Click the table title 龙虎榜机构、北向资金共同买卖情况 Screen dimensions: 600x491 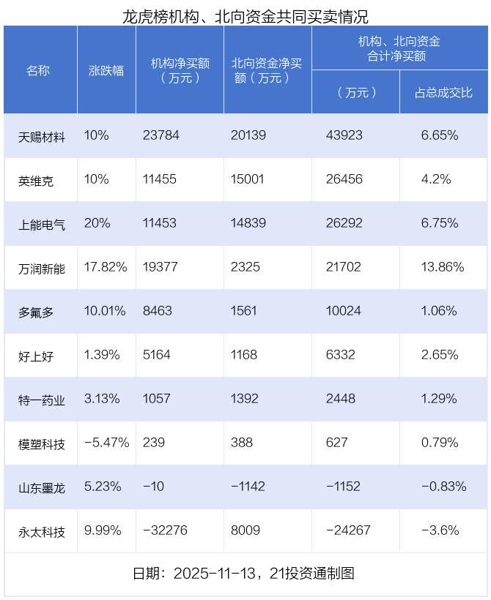[245, 14]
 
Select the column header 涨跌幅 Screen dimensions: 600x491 [106, 70]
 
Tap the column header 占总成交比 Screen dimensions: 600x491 [443, 92]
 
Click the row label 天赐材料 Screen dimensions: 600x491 [42, 136]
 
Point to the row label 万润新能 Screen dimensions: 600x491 [42, 268]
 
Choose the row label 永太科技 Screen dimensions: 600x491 [42, 531]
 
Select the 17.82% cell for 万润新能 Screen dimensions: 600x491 [106, 267]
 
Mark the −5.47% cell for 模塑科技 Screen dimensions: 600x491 [107, 443]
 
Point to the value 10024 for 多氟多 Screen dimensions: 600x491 [342, 311]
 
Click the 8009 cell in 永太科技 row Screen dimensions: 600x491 [245, 530]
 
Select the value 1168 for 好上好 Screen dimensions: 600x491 [244, 355]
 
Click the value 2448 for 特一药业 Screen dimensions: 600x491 [339, 399]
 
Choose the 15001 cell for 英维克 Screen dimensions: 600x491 [248, 179]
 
